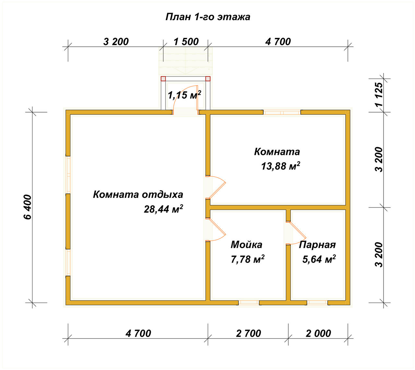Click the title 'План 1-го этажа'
[207, 17]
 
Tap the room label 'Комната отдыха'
[138, 195]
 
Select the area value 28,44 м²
[163, 209]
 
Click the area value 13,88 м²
[280, 166]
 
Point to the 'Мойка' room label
[246, 245]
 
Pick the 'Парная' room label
[317, 245]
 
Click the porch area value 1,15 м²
[184, 95]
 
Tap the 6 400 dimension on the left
[28, 207]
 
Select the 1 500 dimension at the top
[186, 42]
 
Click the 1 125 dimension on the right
[379, 94]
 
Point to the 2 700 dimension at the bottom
[248, 333]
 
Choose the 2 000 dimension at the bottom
[318, 333]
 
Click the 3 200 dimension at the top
[116, 42]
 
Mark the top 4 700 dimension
[278, 42]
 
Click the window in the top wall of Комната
[282, 113]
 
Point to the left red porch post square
[163, 78]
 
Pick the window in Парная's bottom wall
[317, 303]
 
